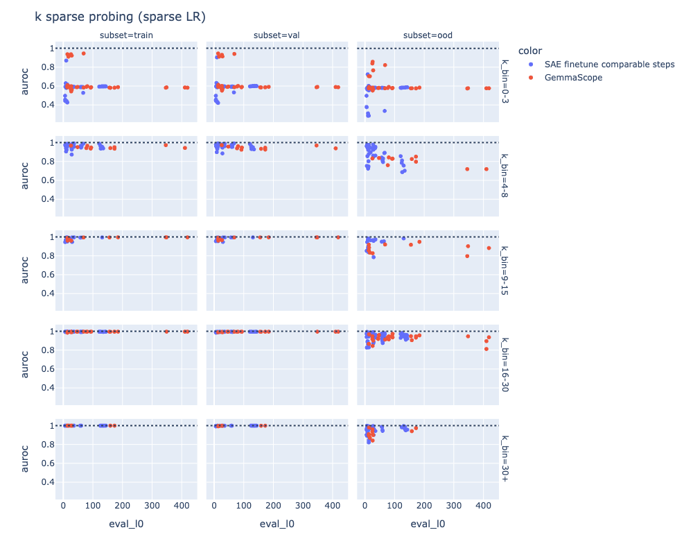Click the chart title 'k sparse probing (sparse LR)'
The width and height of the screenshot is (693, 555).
tap(119, 17)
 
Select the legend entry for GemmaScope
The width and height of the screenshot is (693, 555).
tap(573, 78)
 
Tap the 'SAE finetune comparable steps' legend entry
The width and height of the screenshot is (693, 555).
tap(609, 65)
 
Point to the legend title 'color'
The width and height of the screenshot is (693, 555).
tap(530, 51)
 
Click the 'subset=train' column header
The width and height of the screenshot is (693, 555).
tap(126, 35)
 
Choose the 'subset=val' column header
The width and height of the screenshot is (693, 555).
tap(277, 35)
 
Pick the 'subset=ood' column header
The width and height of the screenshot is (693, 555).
tap(428, 35)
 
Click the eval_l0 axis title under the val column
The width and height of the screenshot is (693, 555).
tap(277, 524)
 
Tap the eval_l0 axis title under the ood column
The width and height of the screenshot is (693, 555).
tap(428, 524)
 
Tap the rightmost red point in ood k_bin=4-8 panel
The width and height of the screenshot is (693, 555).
tap(486, 169)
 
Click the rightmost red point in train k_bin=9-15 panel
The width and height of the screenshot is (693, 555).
tap(187, 237)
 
